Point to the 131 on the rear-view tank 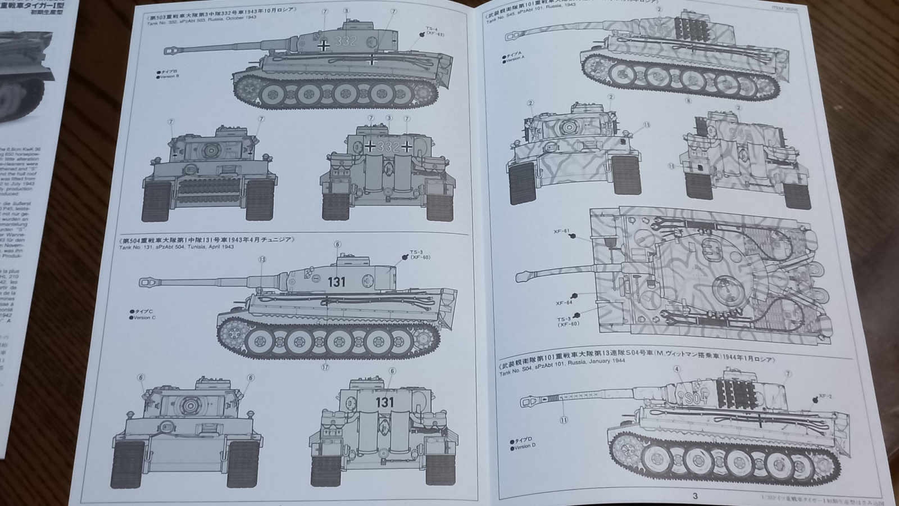(385, 403)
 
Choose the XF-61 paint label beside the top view (561, 231)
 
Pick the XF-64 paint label (564, 302)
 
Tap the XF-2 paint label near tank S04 (825, 396)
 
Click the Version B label (169, 76)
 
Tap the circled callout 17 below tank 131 (325, 368)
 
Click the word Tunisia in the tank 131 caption (204, 247)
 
